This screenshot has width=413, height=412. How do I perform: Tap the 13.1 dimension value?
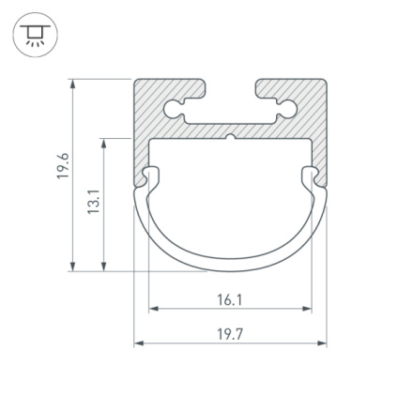(x=93, y=202)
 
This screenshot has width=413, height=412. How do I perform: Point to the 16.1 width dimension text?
(x=230, y=300)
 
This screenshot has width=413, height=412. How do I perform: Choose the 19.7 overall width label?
(x=230, y=333)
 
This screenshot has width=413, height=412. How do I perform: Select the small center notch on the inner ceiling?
(x=230, y=142)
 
